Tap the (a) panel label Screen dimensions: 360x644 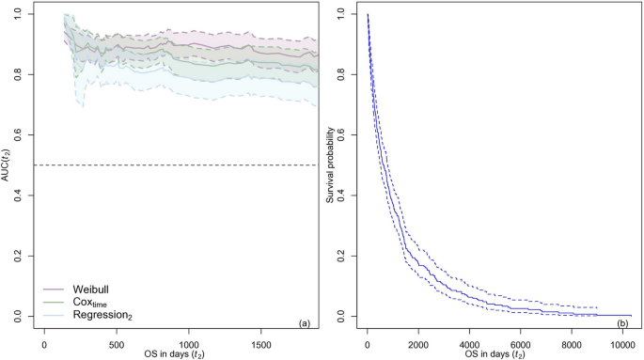pyautogui.click(x=304, y=323)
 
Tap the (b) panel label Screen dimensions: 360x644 pyautogui.click(x=623, y=323)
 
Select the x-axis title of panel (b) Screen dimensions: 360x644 pyautogui.click(x=499, y=352)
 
